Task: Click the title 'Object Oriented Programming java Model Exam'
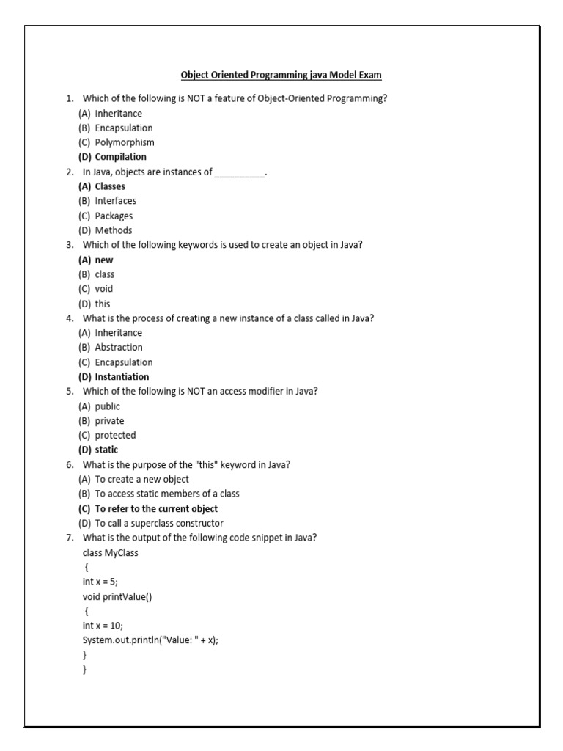tap(281, 75)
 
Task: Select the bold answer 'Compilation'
tap(120, 157)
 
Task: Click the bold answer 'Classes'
tap(110, 186)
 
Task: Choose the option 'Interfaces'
tap(115, 201)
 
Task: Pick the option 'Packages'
tap(114, 216)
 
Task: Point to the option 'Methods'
tap(114, 230)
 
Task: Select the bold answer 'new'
tap(104, 260)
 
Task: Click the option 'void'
tap(104, 289)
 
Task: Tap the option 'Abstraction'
tap(119, 348)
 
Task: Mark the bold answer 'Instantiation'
tap(122, 377)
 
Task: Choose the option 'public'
tap(108, 406)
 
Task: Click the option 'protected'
tap(115, 435)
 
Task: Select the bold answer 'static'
tap(106, 450)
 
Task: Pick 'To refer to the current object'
tap(156, 508)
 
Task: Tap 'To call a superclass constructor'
tap(159, 523)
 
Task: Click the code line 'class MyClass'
tap(111, 552)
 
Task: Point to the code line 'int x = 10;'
tap(103, 625)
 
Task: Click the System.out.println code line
tap(151, 640)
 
